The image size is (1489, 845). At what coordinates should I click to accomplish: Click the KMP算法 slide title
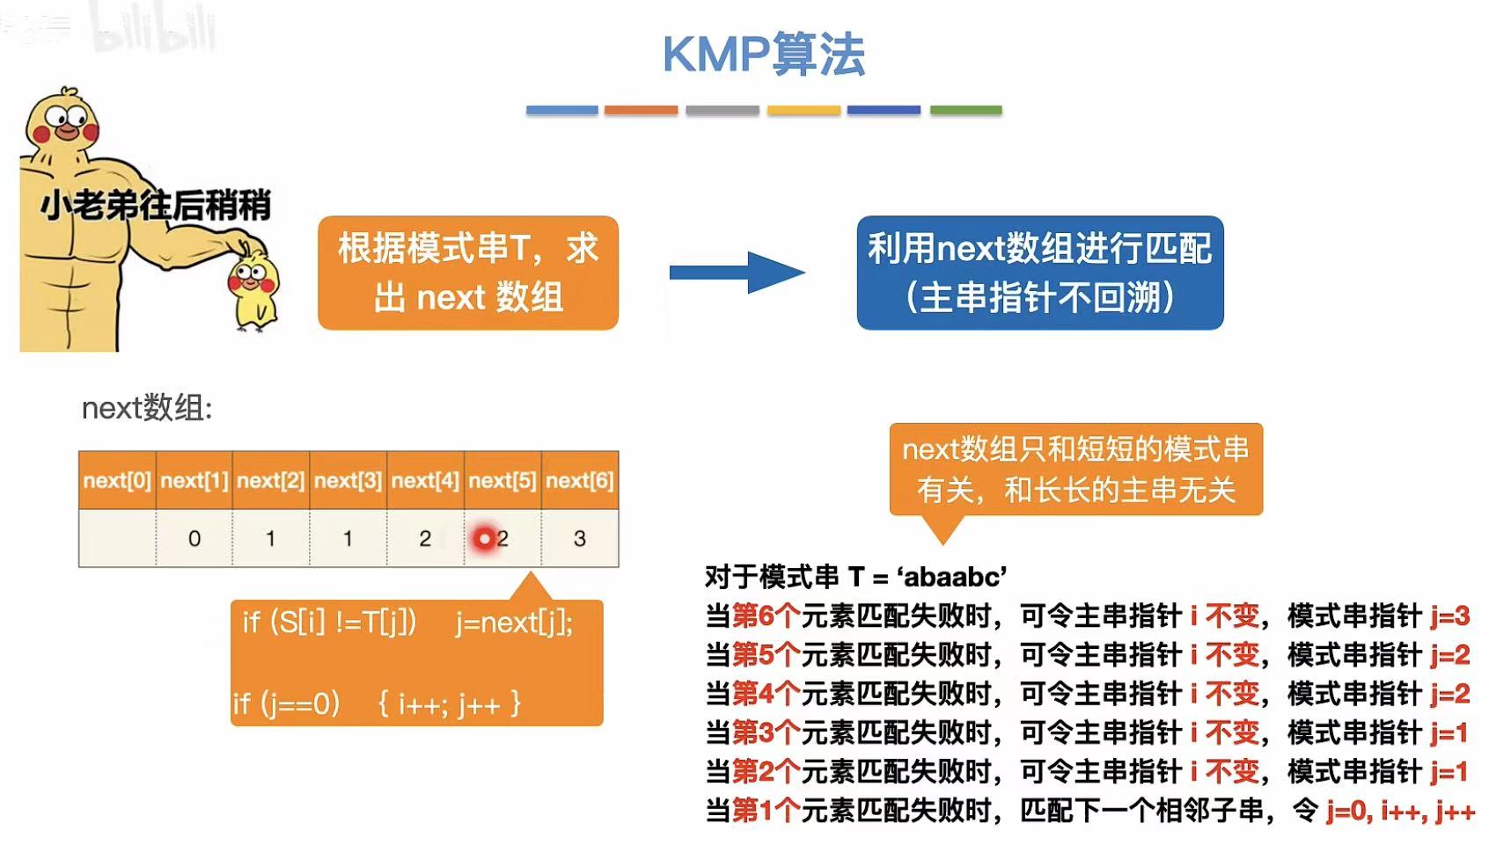click(763, 55)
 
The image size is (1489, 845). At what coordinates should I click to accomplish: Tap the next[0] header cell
click(117, 480)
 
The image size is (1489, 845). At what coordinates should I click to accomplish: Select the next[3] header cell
click(348, 480)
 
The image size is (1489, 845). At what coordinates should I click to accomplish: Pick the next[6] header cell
click(579, 480)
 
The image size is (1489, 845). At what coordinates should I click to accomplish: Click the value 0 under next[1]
click(194, 538)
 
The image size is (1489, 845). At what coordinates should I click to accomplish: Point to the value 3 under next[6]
click(579, 538)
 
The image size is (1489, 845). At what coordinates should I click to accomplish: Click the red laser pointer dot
click(484, 538)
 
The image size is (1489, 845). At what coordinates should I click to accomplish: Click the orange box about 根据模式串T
click(468, 273)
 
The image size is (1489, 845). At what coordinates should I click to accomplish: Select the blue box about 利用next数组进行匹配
click(1039, 273)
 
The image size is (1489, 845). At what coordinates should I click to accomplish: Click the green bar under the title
click(965, 111)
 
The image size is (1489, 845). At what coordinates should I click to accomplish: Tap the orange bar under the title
click(641, 111)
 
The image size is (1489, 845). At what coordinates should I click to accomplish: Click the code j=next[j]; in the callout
click(514, 623)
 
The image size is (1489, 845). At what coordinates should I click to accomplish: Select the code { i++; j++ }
click(449, 703)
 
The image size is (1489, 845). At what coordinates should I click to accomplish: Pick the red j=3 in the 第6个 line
click(1449, 616)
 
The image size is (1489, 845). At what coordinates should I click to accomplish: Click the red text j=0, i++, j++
click(1399, 810)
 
